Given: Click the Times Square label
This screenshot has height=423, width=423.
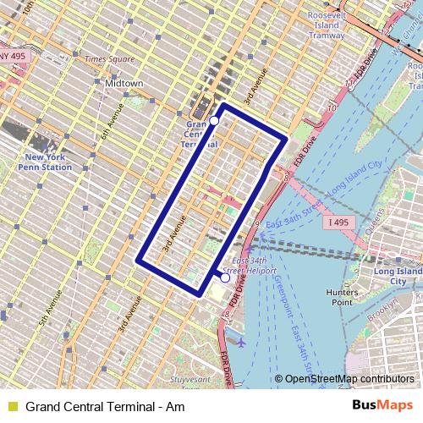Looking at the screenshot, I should click(109, 59).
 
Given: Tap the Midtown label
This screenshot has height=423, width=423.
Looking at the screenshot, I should click(124, 84).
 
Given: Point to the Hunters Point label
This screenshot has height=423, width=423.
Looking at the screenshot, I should click(342, 296).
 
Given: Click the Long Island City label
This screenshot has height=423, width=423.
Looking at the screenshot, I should click(398, 276).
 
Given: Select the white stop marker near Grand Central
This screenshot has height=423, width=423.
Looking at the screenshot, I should click(214, 122).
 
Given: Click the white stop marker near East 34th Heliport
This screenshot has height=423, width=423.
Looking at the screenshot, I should click(225, 277).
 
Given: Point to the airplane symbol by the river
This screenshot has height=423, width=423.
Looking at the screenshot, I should click(243, 343).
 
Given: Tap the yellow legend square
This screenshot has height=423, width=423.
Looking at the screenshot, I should click(12, 407).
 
